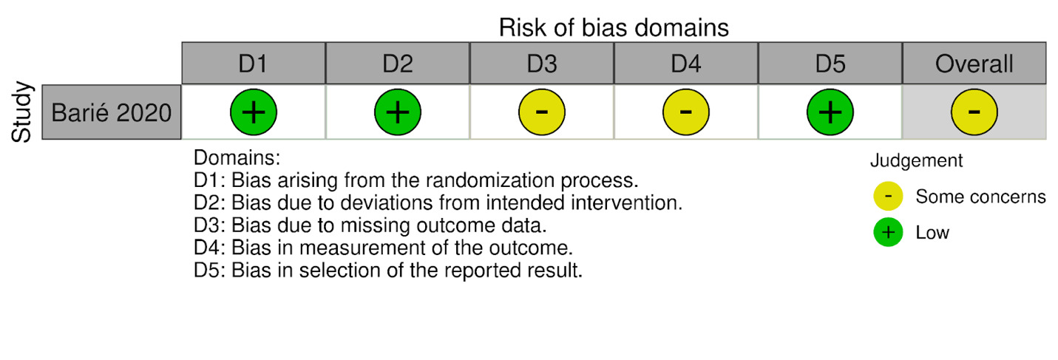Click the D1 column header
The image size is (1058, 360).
[x=253, y=64]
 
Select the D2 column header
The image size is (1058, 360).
[x=397, y=64]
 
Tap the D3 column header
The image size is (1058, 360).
[x=541, y=64]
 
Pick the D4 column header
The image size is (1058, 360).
[x=685, y=64]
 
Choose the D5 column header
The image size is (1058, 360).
[x=830, y=64]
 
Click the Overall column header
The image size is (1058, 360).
[x=974, y=64]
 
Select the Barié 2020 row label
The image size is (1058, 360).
[x=112, y=112]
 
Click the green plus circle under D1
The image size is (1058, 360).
[x=253, y=112]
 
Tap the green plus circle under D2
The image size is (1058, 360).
[x=397, y=112]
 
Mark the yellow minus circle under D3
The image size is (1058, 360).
[x=541, y=112]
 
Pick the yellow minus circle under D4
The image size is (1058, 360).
[x=685, y=112]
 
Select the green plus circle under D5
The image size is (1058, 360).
[x=830, y=112]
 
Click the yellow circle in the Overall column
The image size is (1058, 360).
[x=974, y=112]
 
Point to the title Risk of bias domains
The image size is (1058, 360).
[x=614, y=27]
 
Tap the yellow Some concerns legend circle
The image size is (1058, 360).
[x=887, y=197]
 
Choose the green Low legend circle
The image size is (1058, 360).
[x=887, y=233]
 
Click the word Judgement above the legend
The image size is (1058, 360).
[x=916, y=160]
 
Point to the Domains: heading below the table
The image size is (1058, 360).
[x=233, y=158]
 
